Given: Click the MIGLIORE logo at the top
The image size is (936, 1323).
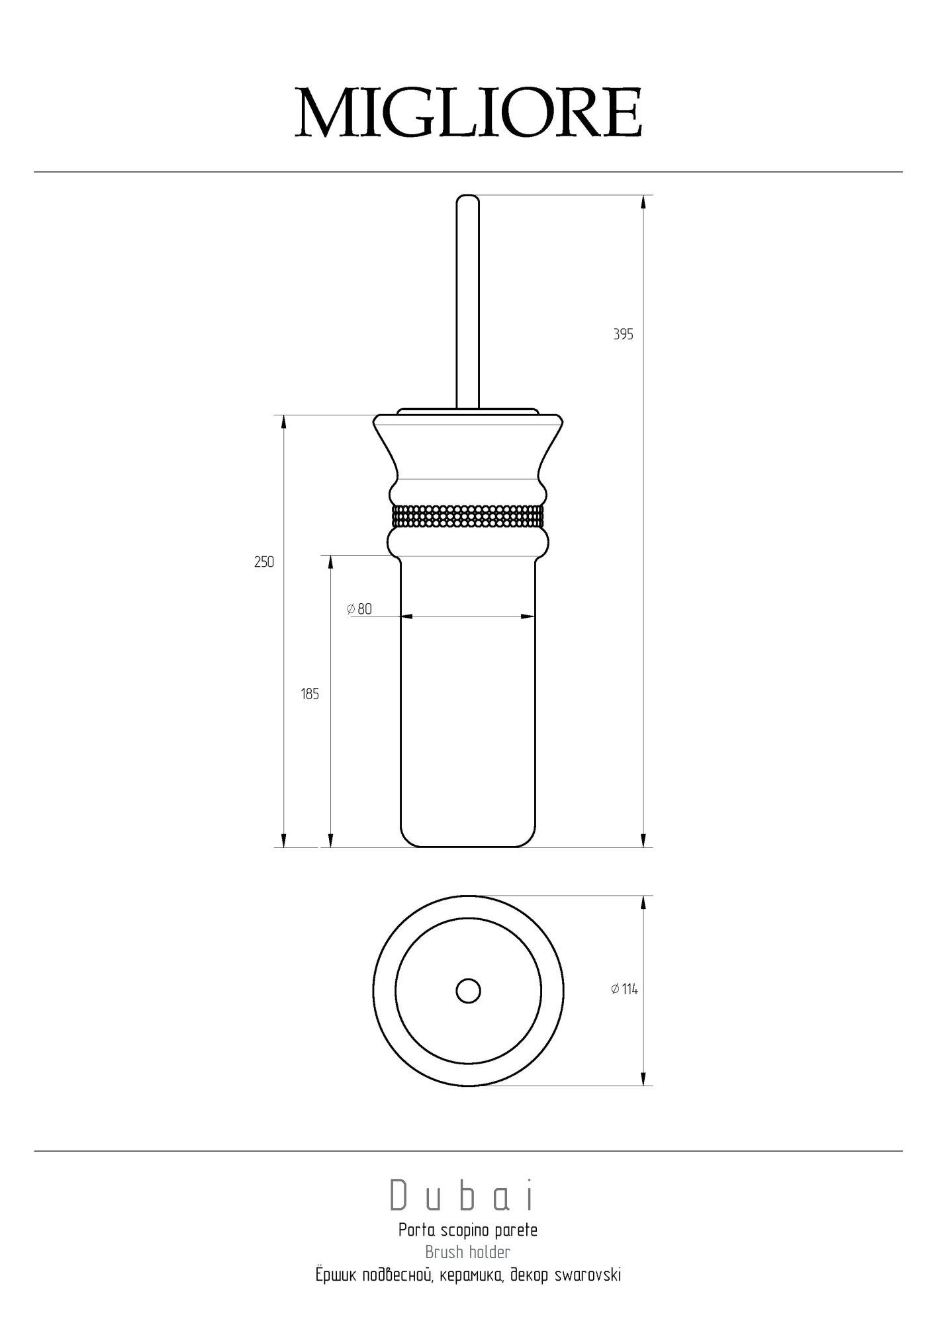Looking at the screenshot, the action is coord(468,112).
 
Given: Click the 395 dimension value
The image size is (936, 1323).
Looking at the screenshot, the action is coord(623,335).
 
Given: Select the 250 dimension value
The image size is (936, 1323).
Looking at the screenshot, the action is coord(264,562).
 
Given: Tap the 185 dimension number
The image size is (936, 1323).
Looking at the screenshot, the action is coord(310,694).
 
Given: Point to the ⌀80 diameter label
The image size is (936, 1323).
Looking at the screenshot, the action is coord(359,609).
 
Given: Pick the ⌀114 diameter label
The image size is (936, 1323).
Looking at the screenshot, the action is coord(624,989).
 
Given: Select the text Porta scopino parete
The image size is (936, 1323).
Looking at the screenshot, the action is coord(468,1230).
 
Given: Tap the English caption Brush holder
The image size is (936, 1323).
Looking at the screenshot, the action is coord(468,1252).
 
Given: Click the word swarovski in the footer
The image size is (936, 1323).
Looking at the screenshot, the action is coord(587,1275).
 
